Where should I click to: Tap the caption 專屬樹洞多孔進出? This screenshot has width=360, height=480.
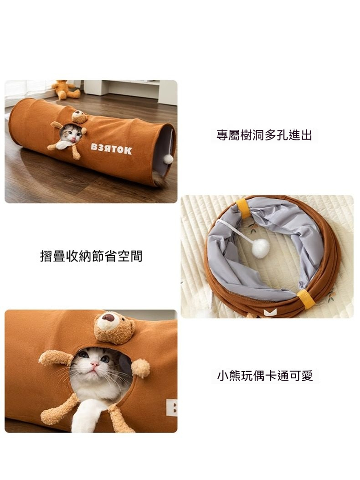264,135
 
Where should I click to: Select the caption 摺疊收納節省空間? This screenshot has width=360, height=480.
91,256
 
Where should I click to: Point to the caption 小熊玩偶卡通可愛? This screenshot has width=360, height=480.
265,376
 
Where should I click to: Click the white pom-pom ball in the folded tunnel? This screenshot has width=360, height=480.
261,248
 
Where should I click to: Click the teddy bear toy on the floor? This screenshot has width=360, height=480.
65,90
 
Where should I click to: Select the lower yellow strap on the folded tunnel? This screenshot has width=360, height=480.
304,299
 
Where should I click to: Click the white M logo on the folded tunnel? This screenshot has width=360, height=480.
270,312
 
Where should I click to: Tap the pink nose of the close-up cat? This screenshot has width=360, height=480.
95,364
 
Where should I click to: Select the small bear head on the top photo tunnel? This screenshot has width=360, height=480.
80,117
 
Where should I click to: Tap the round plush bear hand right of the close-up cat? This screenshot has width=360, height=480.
140,368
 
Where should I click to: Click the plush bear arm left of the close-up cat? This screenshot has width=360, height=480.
56,358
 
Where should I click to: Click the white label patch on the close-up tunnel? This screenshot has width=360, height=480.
171,407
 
